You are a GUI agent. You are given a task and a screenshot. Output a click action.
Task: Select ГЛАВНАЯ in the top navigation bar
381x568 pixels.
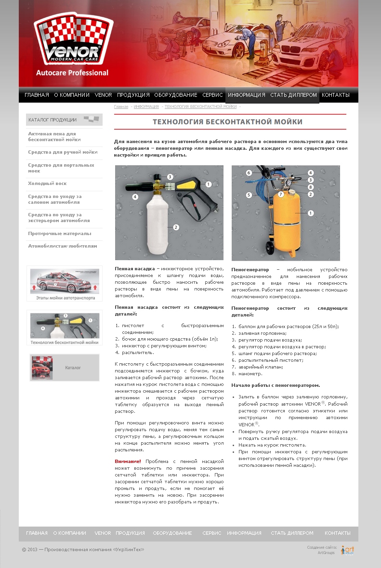pyautogui.click(x=37, y=95)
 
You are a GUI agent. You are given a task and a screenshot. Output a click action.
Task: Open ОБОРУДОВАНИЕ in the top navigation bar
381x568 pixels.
pyautogui.click(x=176, y=95)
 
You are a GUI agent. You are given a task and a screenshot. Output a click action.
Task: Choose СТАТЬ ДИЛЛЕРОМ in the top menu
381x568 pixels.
pyautogui.click(x=293, y=95)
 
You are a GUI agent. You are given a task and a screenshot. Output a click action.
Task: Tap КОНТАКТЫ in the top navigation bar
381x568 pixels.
pyautogui.click(x=336, y=95)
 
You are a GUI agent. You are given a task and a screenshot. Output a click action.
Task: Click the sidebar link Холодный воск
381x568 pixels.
pyautogui.click(x=47, y=184)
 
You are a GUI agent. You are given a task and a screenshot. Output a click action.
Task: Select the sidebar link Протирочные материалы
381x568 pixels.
pyautogui.click(x=59, y=234)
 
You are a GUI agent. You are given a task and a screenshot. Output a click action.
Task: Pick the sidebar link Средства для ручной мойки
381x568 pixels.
pyautogui.click(x=63, y=152)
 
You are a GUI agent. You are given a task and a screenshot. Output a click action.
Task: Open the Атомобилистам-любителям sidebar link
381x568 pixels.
pyautogui.click(x=63, y=246)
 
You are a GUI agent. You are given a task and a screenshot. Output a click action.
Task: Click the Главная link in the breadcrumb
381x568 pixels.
pyautogui.click(x=121, y=106)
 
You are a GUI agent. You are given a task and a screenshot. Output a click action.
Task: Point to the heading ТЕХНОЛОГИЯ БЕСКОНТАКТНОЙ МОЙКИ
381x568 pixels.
pyautogui.click(x=228, y=122)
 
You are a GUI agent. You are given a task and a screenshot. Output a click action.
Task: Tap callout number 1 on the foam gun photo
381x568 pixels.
pyautogui.click(x=209, y=184)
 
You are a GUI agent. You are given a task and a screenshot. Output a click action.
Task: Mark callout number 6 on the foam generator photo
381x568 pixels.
pyautogui.click(x=249, y=172)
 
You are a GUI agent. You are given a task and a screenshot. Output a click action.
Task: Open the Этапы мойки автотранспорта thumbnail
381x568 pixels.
pyautogui.click(x=65, y=284)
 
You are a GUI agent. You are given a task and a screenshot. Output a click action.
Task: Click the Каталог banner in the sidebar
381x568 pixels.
pyautogui.click(x=65, y=368)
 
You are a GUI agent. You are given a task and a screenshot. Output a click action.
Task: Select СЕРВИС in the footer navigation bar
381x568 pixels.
pyautogui.click(x=212, y=533)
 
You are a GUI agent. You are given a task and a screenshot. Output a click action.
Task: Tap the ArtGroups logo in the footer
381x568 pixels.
pyautogui.click(x=348, y=550)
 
